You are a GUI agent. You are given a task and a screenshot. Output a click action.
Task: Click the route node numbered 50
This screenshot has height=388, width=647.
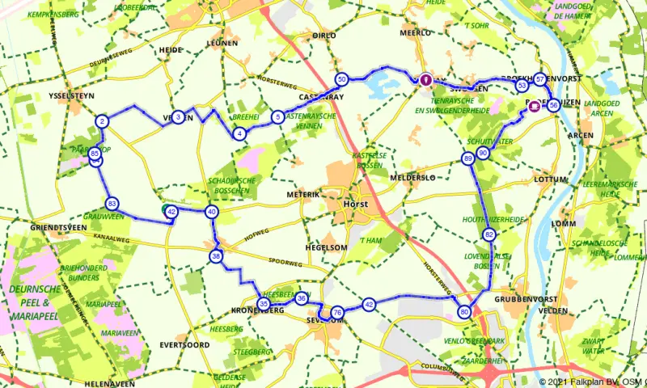pyautogui.click(x=342, y=79)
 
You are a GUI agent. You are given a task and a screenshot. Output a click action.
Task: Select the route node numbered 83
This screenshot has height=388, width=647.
pyautogui.click(x=112, y=204)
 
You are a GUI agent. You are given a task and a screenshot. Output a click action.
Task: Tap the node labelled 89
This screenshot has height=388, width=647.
pyautogui.click(x=468, y=159)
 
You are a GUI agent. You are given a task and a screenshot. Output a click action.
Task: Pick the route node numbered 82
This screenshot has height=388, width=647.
pyautogui.click(x=489, y=234)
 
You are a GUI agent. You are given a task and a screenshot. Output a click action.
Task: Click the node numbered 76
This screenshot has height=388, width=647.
pyautogui.click(x=337, y=312)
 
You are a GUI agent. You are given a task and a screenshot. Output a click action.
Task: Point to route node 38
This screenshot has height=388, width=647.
pyautogui.click(x=216, y=256)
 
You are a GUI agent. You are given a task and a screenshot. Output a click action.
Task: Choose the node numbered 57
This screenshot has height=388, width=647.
pyautogui.click(x=539, y=79)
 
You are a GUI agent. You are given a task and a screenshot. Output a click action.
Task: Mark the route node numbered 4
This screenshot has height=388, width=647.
pyautogui.click(x=239, y=133)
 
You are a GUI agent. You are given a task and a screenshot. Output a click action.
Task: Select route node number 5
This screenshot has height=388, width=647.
pyautogui.click(x=277, y=117)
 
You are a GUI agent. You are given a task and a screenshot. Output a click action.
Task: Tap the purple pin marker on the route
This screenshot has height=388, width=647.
pyautogui.click(x=425, y=78)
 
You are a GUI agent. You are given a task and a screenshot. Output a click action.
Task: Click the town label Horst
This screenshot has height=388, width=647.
pyautogui.click(x=357, y=205)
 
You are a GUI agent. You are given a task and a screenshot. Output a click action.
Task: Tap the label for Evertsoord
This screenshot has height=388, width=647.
pyautogui.click(x=184, y=344)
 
